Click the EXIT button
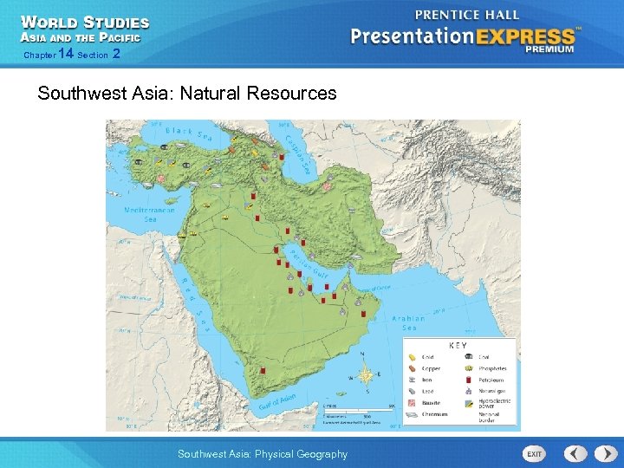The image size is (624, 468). (535, 454)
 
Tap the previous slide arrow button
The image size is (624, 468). (575, 454)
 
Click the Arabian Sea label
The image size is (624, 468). (409, 322)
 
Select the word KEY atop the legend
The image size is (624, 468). (458, 346)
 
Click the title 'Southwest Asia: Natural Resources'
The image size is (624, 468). (187, 93)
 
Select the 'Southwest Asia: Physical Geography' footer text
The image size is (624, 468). (262, 454)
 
